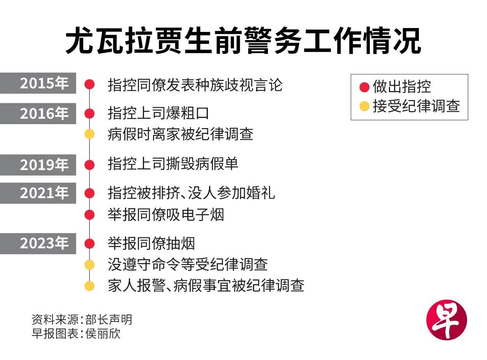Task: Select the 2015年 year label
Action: tap(44, 83)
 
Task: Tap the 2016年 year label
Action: tap(44, 113)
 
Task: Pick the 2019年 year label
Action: tap(44, 165)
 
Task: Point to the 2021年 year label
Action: tap(44, 193)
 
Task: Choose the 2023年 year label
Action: tap(44, 243)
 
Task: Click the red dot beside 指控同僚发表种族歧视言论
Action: tap(90, 84)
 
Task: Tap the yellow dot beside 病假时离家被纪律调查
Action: tap(90, 134)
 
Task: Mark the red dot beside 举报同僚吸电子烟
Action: tap(90, 215)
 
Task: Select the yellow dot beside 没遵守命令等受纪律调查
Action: tap(90, 265)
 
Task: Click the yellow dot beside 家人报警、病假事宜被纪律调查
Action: tap(90, 286)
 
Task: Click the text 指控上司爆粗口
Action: tap(158, 113)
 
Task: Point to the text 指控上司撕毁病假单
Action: tap(173, 164)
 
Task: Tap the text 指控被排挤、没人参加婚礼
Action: tap(191, 193)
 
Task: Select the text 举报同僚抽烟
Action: tap(151, 244)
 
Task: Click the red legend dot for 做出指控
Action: tap(364, 87)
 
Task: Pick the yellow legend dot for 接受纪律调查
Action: tap(364, 106)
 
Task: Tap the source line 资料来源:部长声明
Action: tap(82, 320)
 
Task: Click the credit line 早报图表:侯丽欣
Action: tap(76, 334)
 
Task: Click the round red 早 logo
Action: tap(447, 320)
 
